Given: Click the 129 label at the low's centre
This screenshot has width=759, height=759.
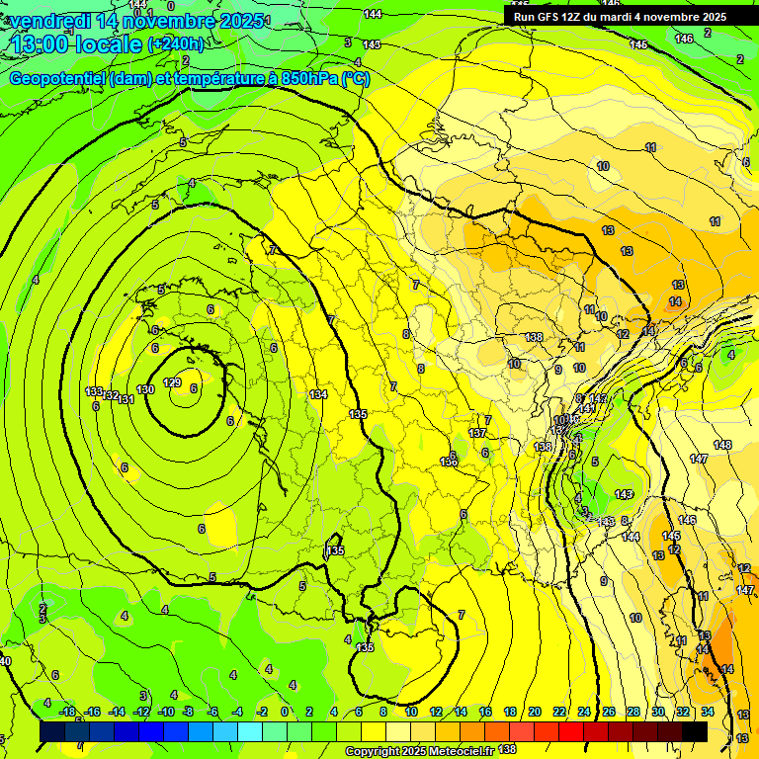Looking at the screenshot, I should point(172,382).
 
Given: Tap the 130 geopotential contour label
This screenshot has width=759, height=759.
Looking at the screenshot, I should point(145,390).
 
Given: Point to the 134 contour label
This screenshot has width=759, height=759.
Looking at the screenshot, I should point(318,394).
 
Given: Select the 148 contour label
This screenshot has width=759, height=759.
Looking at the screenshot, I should point(722,445).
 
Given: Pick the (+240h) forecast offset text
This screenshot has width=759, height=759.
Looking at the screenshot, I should point(176,44).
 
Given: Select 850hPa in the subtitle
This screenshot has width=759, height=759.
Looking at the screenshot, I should point(304,79).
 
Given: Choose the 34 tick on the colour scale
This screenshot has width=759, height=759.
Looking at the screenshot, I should point(708,712).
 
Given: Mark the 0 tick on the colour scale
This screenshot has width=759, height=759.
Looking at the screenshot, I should point(285,712).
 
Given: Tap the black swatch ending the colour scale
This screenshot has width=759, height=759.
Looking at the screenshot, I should point(695,731).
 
